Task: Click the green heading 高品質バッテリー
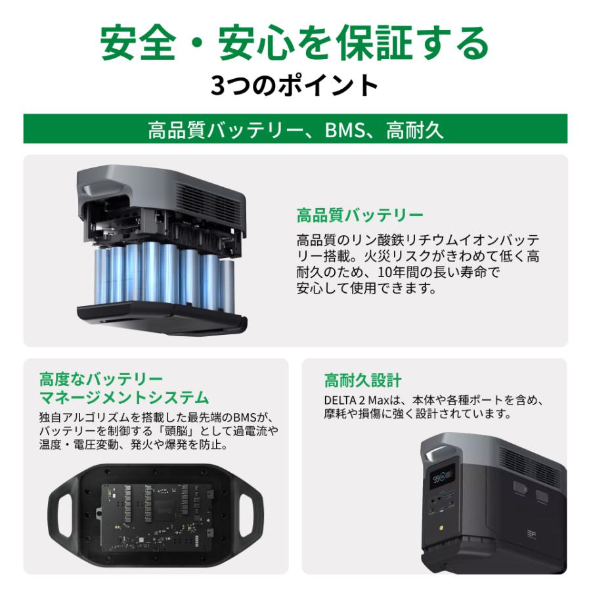pos(360,215)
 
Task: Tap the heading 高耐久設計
pos(362,380)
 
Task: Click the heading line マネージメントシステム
pos(124,397)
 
